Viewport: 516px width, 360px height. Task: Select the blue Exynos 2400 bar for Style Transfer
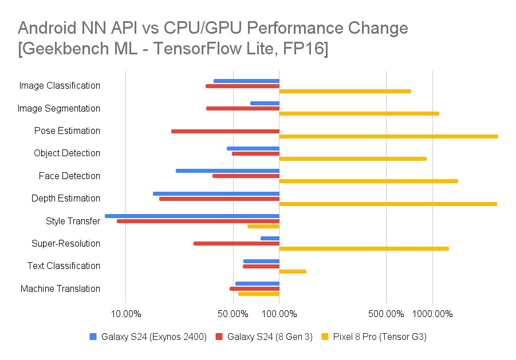click(192, 216)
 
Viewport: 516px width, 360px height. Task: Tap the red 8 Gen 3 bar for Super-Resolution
click(237, 243)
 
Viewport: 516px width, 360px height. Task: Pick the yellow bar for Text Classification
click(293, 271)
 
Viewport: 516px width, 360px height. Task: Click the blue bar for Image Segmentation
click(265, 103)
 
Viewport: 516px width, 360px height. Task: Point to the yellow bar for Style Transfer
click(263, 226)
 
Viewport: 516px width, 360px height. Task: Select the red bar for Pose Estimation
click(225, 131)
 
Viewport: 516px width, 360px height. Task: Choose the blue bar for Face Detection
click(227, 171)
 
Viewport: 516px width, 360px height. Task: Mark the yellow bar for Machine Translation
click(259, 294)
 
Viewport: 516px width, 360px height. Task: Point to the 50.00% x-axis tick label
click(233, 314)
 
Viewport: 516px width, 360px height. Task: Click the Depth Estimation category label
click(66, 199)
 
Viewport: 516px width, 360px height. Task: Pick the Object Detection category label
click(67, 153)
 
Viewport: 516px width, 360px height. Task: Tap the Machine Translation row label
click(60, 288)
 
